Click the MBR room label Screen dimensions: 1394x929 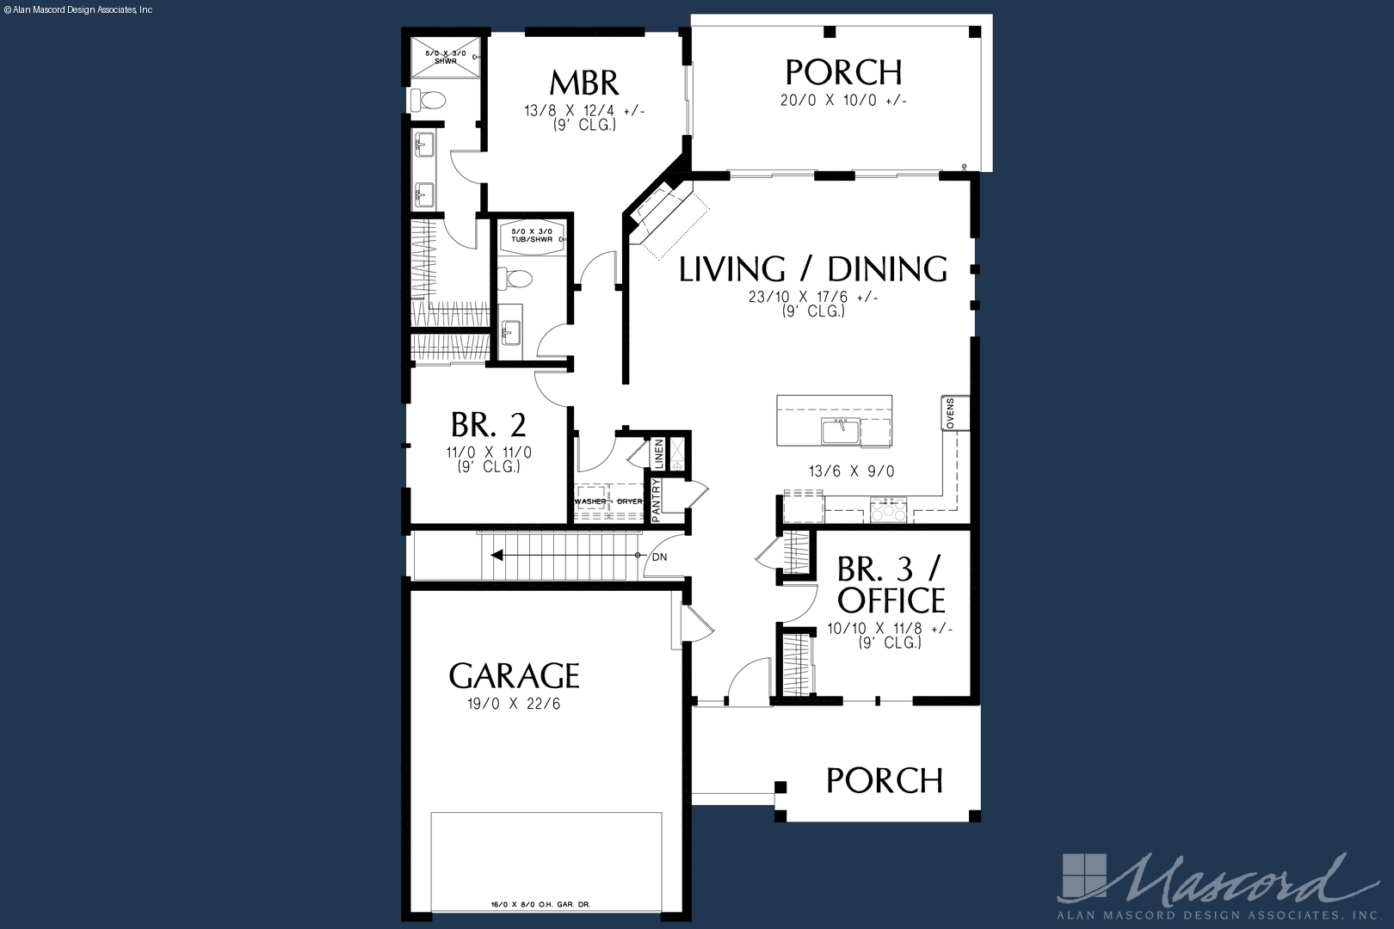pyautogui.click(x=584, y=83)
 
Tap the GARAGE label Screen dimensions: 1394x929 pyautogui.click(x=514, y=676)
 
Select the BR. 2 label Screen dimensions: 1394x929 pyautogui.click(x=489, y=425)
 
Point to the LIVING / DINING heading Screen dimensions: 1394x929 pyautogui.click(x=813, y=269)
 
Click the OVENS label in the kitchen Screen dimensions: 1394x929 pyautogui.click(x=950, y=413)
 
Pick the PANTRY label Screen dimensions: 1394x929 pyautogui.click(x=656, y=501)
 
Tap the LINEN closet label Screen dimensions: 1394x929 pyautogui.click(x=659, y=453)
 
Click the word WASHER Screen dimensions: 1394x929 pyautogui.click(x=590, y=501)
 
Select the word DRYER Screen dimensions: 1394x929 pyautogui.click(x=629, y=501)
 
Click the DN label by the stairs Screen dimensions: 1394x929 pyautogui.click(x=660, y=557)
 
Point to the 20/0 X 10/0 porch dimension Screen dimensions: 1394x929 pyautogui.click(x=843, y=100)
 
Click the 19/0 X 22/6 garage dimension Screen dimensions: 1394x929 pyautogui.click(x=514, y=704)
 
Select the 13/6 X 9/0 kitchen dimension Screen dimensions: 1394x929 pyautogui.click(x=851, y=471)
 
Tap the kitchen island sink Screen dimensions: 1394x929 pyautogui.click(x=841, y=431)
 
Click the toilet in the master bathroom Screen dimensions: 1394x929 pyautogui.click(x=427, y=100)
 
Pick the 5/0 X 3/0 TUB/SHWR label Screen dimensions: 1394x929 pyautogui.click(x=532, y=235)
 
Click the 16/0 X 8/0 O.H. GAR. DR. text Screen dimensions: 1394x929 pyautogui.click(x=540, y=904)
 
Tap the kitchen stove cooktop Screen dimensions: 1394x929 pyautogui.click(x=889, y=509)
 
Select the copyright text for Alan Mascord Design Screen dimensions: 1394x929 pyautogui.click(x=77, y=10)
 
